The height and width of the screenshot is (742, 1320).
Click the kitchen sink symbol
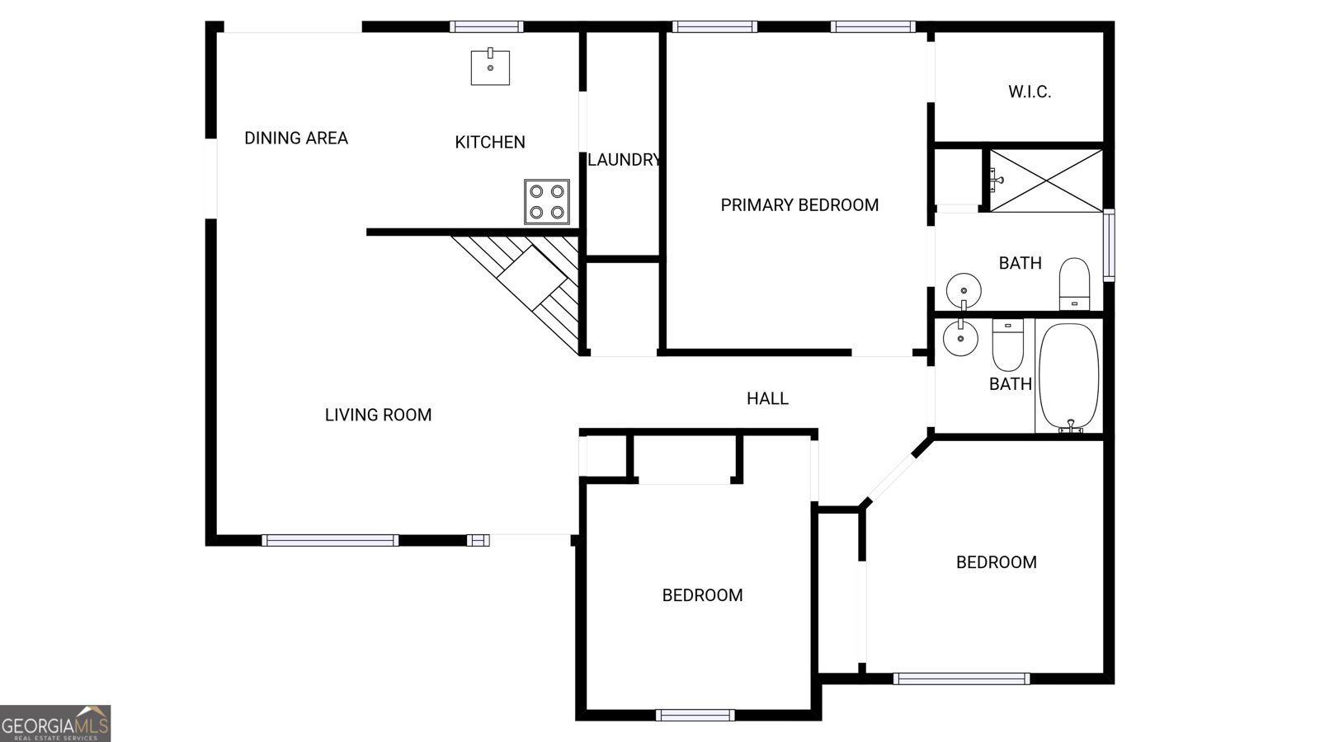click(490, 67)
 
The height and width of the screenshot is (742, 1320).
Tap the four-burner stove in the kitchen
click(547, 202)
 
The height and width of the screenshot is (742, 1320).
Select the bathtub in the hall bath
click(1069, 377)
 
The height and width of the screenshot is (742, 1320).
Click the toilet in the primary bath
click(1074, 284)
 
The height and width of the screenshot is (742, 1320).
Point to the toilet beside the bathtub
click(1007, 345)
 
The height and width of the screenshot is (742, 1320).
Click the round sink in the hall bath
click(960, 338)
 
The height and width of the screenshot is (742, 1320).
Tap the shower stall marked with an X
click(1045, 181)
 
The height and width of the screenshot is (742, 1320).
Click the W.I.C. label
click(1030, 92)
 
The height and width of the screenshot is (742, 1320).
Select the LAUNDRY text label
click(624, 160)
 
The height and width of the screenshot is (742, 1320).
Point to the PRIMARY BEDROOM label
click(799, 205)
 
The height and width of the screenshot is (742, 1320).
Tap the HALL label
click(767, 399)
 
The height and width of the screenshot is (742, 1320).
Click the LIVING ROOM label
click(379, 416)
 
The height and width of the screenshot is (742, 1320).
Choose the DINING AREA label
click(296, 139)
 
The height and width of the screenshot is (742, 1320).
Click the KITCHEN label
click(490, 142)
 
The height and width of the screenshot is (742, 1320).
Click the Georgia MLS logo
click(55, 723)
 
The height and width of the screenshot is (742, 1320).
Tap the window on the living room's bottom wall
click(330, 541)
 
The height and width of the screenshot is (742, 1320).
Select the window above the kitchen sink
click(487, 26)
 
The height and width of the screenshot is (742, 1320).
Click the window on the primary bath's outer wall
click(1109, 245)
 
